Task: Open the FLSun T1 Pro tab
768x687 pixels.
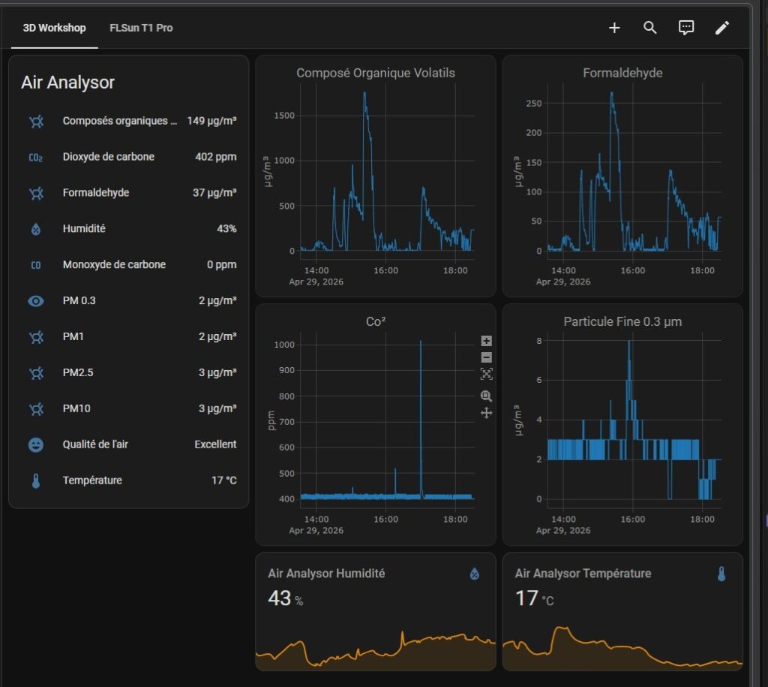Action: click(141, 28)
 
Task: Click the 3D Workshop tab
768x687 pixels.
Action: click(54, 28)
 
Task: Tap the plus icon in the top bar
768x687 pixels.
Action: click(614, 28)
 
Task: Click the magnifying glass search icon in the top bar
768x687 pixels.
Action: click(650, 28)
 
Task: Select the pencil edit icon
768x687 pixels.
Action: click(722, 28)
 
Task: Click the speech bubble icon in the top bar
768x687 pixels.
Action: click(686, 28)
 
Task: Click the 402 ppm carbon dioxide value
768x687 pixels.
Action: click(215, 157)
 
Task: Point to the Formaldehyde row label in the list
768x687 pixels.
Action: click(96, 193)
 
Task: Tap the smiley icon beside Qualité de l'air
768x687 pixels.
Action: click(36, 444)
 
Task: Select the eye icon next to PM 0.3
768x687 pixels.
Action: click(36, 301)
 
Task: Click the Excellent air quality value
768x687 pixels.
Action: click(215, 444)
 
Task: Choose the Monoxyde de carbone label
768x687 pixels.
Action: click(114, 265)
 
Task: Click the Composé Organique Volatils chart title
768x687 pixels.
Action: click(376, 73)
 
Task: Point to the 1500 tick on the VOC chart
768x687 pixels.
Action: click(284, 116)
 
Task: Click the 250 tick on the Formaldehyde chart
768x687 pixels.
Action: click(534, 104)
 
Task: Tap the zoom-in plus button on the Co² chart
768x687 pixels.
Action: click(486, 341)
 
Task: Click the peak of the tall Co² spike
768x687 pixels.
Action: click(421, 342)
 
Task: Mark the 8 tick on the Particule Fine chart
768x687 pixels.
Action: click(538, 341)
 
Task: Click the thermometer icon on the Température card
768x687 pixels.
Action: click(721, 574)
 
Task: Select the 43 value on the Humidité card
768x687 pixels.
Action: click(279, 598)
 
